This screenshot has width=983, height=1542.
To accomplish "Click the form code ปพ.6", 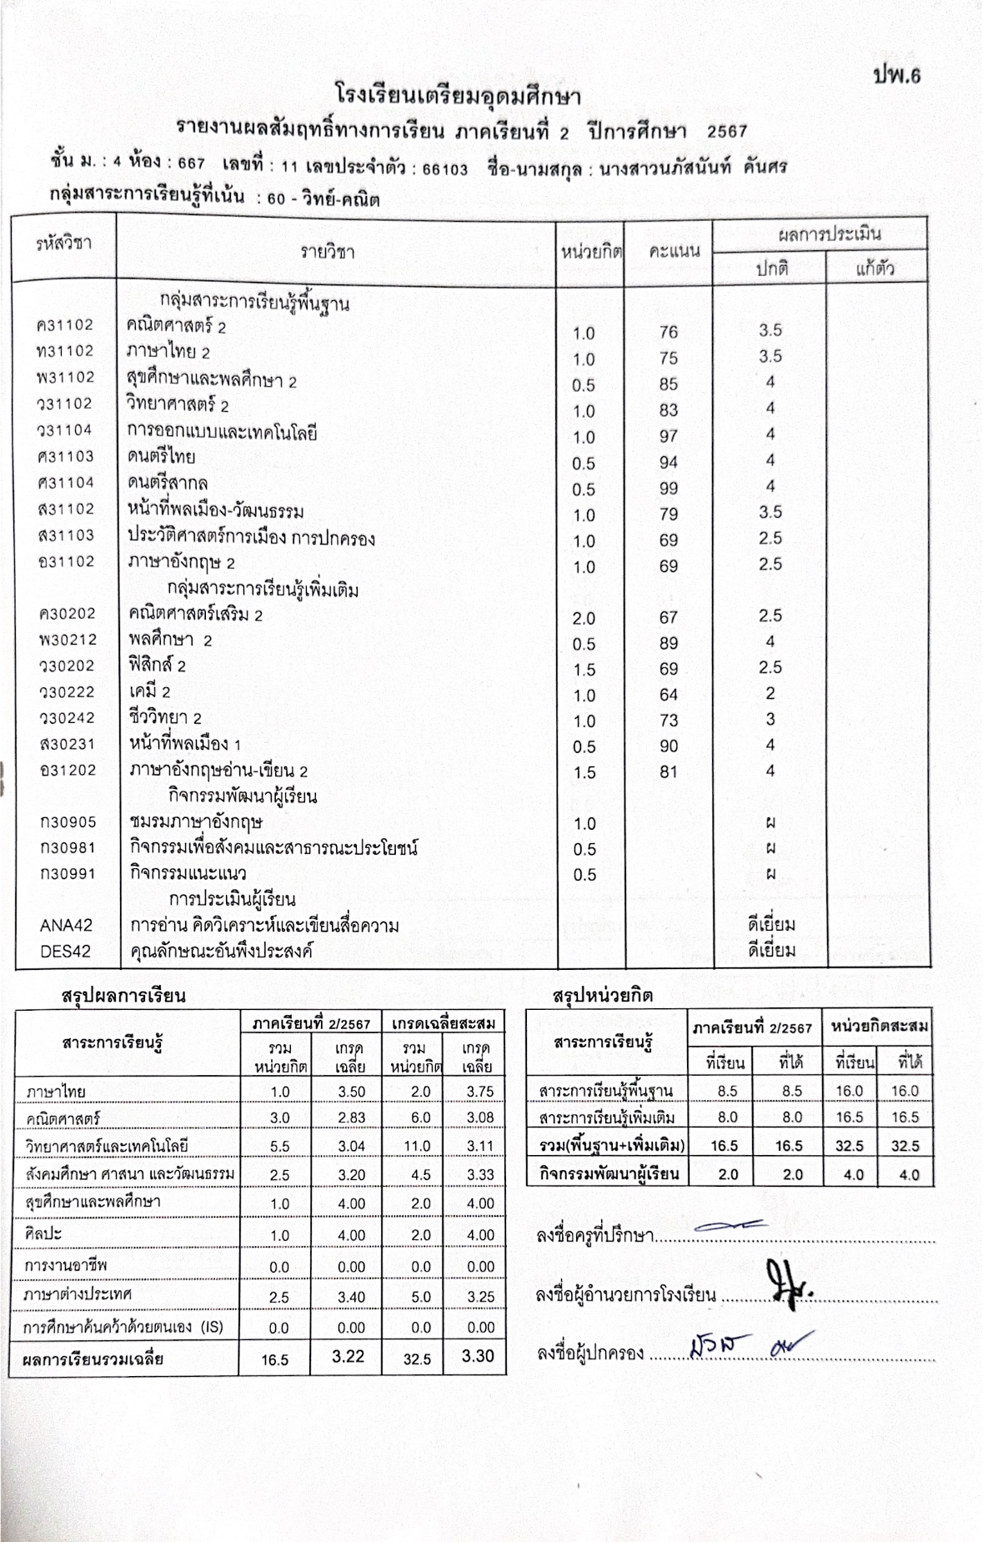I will [896, 75].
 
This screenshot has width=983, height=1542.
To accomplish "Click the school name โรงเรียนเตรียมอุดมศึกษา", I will [458, 94].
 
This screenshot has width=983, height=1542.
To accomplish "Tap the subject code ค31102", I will [66, 325].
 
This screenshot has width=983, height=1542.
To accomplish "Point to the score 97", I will [668, 436].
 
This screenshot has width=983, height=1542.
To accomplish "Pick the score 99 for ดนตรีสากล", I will [668, 488].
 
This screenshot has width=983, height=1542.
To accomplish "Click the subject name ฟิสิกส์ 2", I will [157, 666].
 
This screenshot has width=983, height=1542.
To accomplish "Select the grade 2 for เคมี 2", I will [770, 693].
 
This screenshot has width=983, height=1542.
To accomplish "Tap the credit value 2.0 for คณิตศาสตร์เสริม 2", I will [584, 618].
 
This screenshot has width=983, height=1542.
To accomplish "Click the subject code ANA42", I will [66, 925].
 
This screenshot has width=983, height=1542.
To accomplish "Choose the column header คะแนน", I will [674, 250].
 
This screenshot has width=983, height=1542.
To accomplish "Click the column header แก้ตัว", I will [875, 269].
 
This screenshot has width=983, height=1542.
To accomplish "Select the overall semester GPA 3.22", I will [348, 1356].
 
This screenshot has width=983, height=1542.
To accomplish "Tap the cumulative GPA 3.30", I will [478, 1356].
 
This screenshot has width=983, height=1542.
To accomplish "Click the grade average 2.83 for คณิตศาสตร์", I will [351, 1118].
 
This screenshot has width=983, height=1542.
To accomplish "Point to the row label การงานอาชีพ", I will [66, 1266].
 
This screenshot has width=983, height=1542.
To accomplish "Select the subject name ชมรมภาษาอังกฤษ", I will [196, 822].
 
